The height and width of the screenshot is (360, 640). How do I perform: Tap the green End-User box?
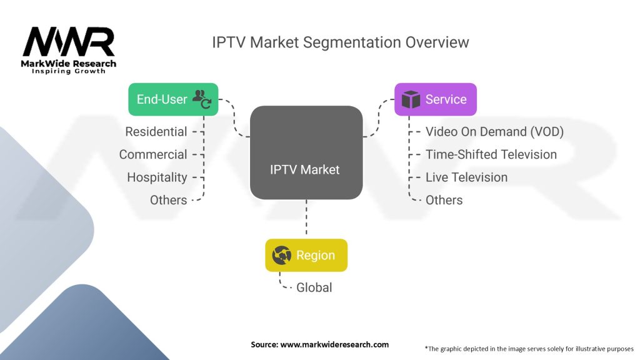tap(173, 99)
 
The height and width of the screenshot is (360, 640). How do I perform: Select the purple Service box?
tap(435, 99)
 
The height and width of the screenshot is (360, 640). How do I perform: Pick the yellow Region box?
tap(306, 255)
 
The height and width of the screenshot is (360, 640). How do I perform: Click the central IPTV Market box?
tap(306, 153)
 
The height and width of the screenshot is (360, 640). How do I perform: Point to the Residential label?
tap(156, 132)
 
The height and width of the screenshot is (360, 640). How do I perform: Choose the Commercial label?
tap(153, 154)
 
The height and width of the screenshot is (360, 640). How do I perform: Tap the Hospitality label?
tap(157, 177)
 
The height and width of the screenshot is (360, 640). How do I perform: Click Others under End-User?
tap(168, 200)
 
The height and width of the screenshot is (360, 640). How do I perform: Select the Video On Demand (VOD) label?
tap(494, 132)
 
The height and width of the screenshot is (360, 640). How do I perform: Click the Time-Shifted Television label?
tap(491, 154)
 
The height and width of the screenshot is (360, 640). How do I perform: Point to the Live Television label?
tap(466, 177)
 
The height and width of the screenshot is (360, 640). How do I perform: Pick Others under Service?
tap(444, 200)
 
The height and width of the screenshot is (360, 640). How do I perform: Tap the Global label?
tap(314, 287)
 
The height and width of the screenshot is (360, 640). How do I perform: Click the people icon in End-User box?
tap(201, 98)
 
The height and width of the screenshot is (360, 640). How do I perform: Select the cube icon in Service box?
tap(411, 99)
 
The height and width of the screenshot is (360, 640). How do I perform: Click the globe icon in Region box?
tap(282, 255)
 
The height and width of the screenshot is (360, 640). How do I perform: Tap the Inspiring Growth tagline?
tap(69, 71)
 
